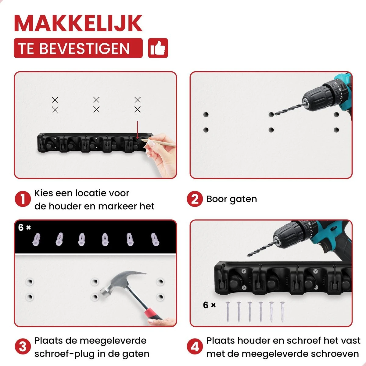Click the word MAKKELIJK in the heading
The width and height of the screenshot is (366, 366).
point(78,23)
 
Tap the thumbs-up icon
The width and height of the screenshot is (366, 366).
point(158,48)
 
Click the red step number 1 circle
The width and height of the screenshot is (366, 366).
point(23,199)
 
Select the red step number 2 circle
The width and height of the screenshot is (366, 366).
point(195,199)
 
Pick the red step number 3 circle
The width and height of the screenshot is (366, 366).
point(23,346)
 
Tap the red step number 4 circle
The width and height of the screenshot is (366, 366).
point(195,346)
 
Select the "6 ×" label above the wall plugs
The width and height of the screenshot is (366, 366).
point(24,227)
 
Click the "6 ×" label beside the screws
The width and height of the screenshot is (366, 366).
point(209,305)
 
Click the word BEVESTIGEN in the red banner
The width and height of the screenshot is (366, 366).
point(84,48)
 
